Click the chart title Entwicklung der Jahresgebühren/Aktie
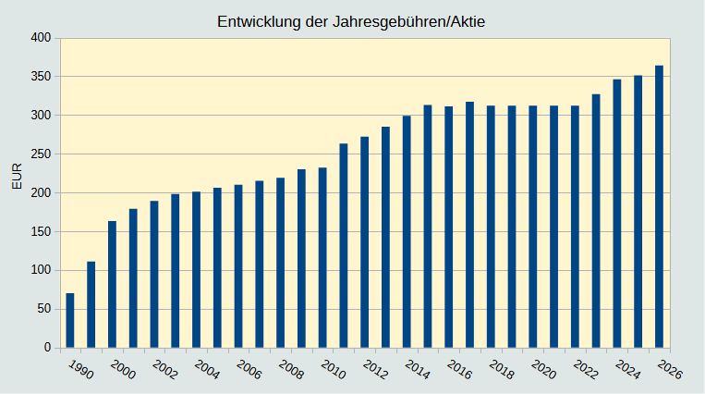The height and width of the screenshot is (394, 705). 351,21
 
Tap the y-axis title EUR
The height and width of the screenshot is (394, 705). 17,176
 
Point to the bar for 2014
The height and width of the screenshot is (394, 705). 407,231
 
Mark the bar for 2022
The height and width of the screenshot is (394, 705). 575,227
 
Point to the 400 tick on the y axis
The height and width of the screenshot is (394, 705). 40,38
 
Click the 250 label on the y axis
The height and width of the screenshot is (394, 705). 40,154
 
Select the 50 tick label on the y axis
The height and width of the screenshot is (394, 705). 43,309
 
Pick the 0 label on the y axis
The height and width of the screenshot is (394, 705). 46,348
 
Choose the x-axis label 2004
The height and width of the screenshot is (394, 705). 207,369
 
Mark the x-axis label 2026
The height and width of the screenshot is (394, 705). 670,369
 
